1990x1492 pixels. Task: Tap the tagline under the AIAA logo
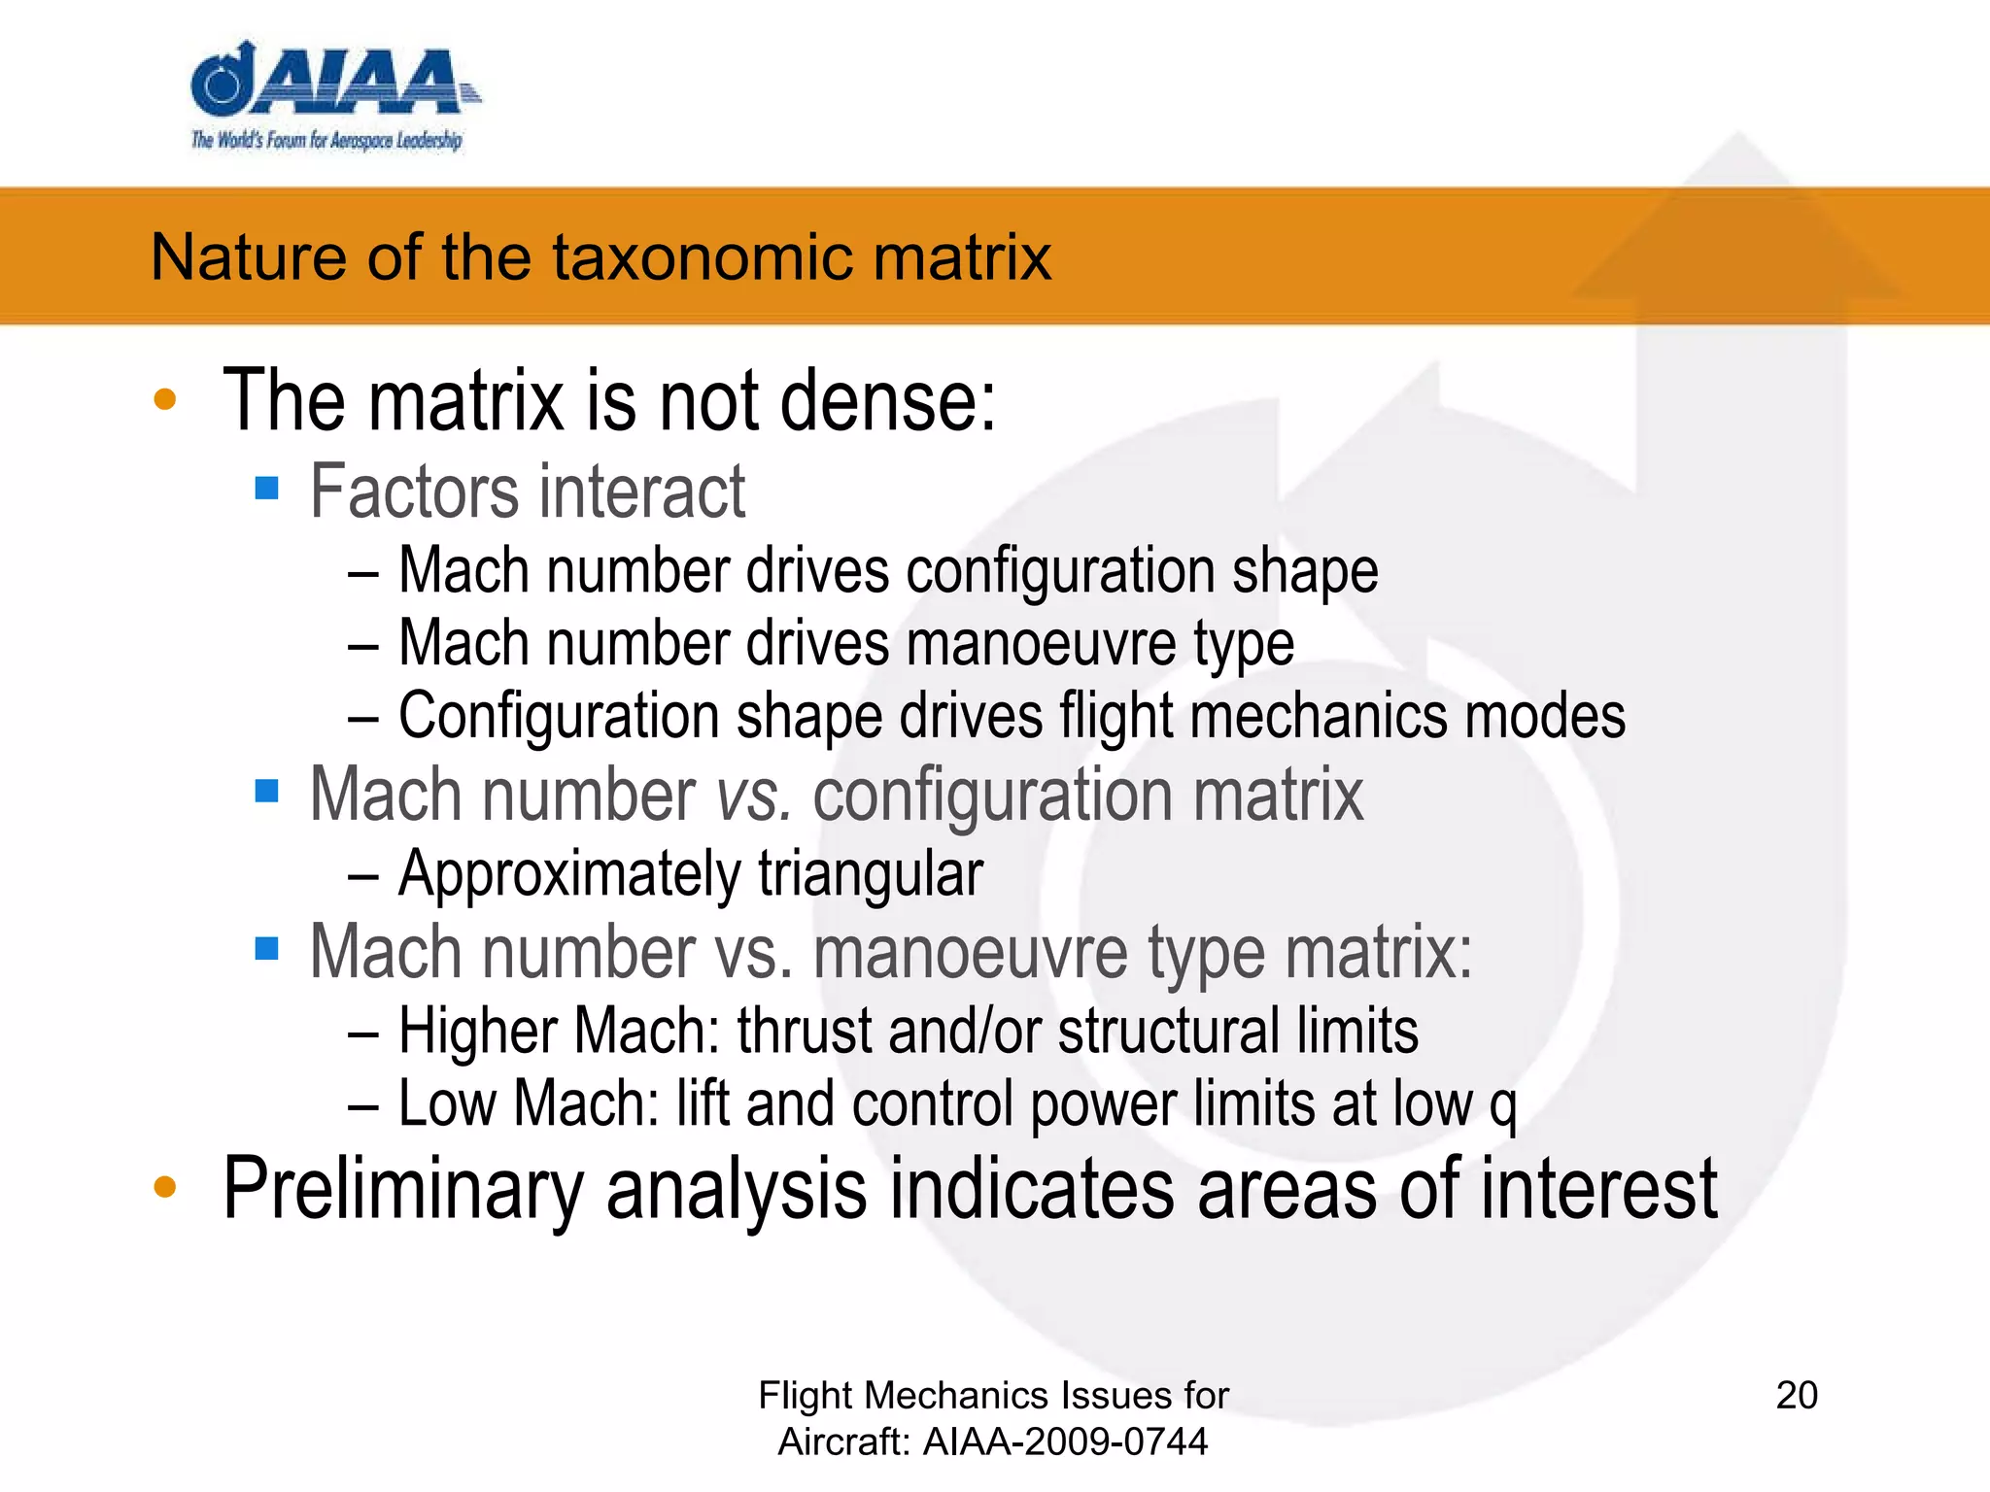[326, 141]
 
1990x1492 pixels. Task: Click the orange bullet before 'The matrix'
[165, 399]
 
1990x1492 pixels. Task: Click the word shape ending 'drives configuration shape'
[1305, 571]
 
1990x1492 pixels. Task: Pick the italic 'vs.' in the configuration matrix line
[753, 796]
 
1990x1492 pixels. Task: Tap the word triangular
[871, 873]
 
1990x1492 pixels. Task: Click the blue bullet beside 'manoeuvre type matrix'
[266, 947]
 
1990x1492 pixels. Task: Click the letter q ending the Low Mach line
[1503, 1108]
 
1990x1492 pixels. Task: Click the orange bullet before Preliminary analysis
[165, 1186]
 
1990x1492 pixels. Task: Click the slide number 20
[1797, 1395]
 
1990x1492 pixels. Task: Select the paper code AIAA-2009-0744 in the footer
[1065, 1441]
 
